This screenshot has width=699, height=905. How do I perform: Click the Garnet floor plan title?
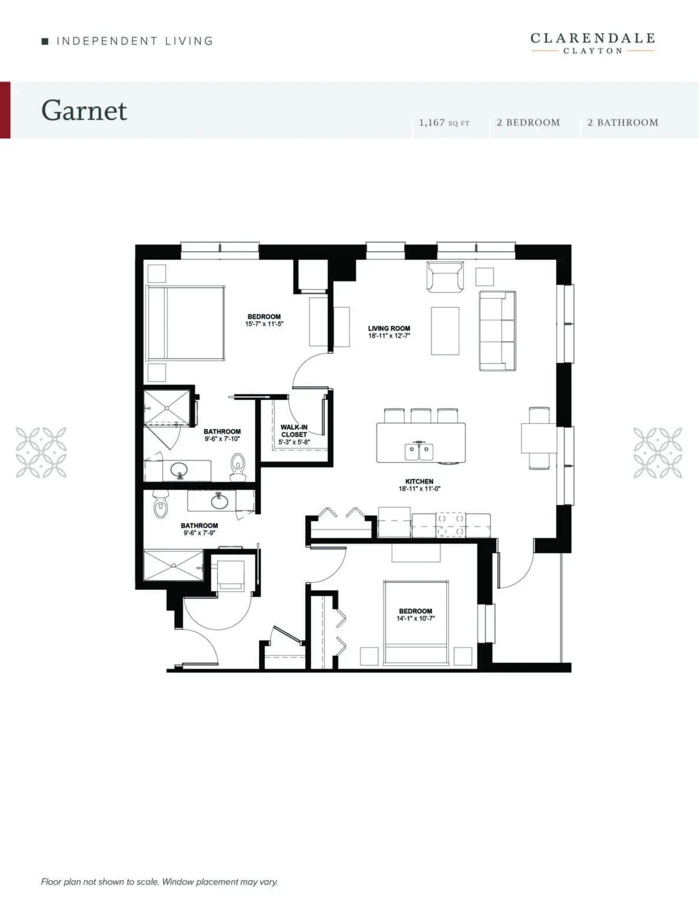pyautogui.click(x=84, y=111)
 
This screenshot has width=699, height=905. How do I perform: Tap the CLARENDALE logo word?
pyautogui.click(x=592, y=38)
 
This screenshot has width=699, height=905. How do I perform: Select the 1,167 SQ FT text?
pyautogui.click(x=444, y=123)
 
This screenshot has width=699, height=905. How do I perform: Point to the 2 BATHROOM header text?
pyautogui.click(x=623, y=123)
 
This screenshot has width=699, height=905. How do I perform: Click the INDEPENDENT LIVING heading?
pyautogui.click(x=134, y=41)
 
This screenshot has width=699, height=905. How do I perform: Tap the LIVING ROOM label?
pyautogui.click(x=389, y=328)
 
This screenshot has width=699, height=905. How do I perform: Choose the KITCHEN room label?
pyautogui.click(x=419, y=481)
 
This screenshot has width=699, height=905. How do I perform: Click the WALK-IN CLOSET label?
pyautogui.click(x=294, y=431)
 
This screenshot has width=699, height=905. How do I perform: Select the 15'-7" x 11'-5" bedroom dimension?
pyautogui.click(x=264, y=323)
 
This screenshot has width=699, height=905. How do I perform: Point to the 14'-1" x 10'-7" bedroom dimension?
pyautogui.click(x=416, y=619)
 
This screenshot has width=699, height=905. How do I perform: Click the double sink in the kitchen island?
pyautogui.click(x=419, y=451)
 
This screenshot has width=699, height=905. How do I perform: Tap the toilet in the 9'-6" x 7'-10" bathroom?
pyautogui.click(x=237, y=466)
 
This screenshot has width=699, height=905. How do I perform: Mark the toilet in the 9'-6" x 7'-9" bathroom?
pyautogui.click(x=161, y=503)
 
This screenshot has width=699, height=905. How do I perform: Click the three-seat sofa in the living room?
pyautogui.click(x=498, y=331)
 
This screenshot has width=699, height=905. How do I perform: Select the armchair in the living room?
pyautogui.click(x=445, y=276)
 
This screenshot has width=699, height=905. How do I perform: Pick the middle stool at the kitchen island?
pyautogui.click(x=420, y=415)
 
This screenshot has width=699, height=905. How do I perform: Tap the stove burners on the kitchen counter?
pyautogui.click(x=450, y=525)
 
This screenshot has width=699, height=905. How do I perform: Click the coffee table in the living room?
pyautogui.click(x=445, y=331)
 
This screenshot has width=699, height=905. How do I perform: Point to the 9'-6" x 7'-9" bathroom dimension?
pyautogui.click(x=199, y=533)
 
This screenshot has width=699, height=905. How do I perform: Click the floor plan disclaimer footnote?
pyautogui.click(x=160, y=881)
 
